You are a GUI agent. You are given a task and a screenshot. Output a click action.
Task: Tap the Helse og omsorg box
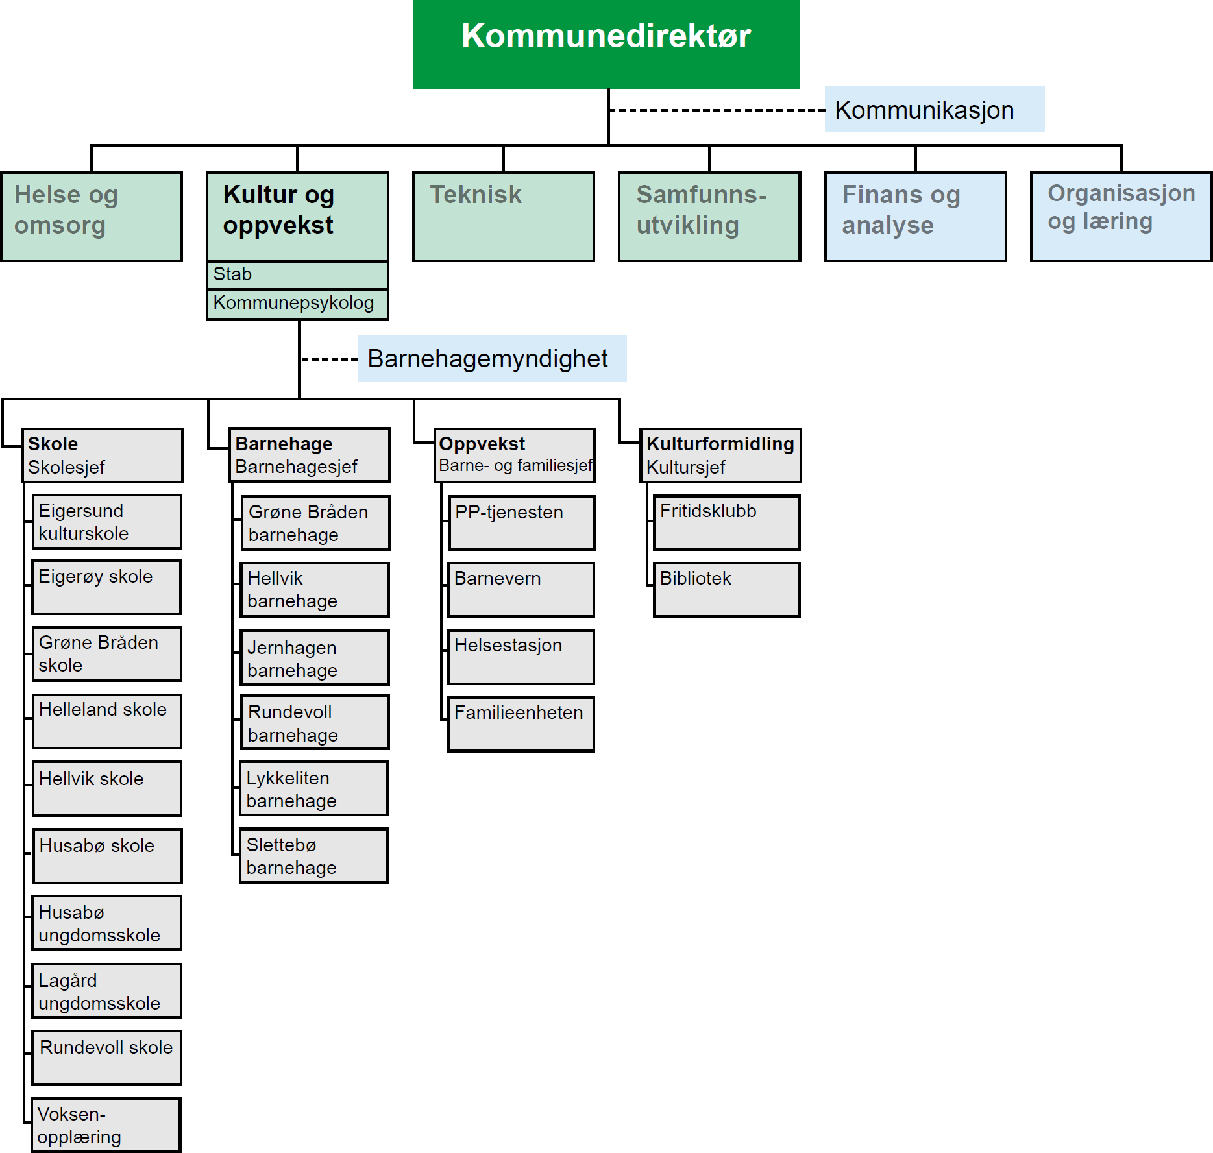pyautogui.click(x=92, y=216)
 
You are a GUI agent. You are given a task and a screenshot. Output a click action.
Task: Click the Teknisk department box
pyautogui.click(x=503, y=216)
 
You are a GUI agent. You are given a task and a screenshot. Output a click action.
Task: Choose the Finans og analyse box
pyautogui.click(x=914, y=216)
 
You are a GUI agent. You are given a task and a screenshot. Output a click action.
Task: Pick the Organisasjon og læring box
pyautogui.click(x=1121, y=216)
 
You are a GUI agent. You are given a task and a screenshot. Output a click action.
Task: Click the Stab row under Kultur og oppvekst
pyautogui.click(x=297, y=274)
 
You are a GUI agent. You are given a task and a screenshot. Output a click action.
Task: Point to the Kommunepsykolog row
pyautogui.click(x=297, y=304)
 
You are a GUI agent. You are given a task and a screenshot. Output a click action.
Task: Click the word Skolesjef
pyautogui.click(x=66, y=467)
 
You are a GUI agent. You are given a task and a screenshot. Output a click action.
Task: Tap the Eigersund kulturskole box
pyautogui.click(x=107, y=522)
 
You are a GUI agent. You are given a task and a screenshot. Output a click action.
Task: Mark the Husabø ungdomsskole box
pyautogui.click(x=107, y=923)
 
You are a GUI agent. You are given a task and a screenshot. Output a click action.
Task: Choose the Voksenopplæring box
pyautogui.click(x=106, y=1125)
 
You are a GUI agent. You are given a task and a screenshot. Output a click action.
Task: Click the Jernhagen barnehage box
pyautogui.click(x=315, y=658)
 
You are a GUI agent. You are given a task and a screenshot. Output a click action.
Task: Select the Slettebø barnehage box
pyautogui.click(x=314, y=856)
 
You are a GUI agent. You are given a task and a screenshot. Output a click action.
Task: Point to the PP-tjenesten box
pyautogui.click(x=521, y=522)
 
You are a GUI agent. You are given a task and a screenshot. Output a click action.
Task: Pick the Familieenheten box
pyautogui.click(x=521, y=724)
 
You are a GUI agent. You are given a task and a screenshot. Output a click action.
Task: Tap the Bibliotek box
pyautogui.click(x=726, y=590)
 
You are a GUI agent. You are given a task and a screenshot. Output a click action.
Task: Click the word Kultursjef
pyautogui.click(x=685, y=467)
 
